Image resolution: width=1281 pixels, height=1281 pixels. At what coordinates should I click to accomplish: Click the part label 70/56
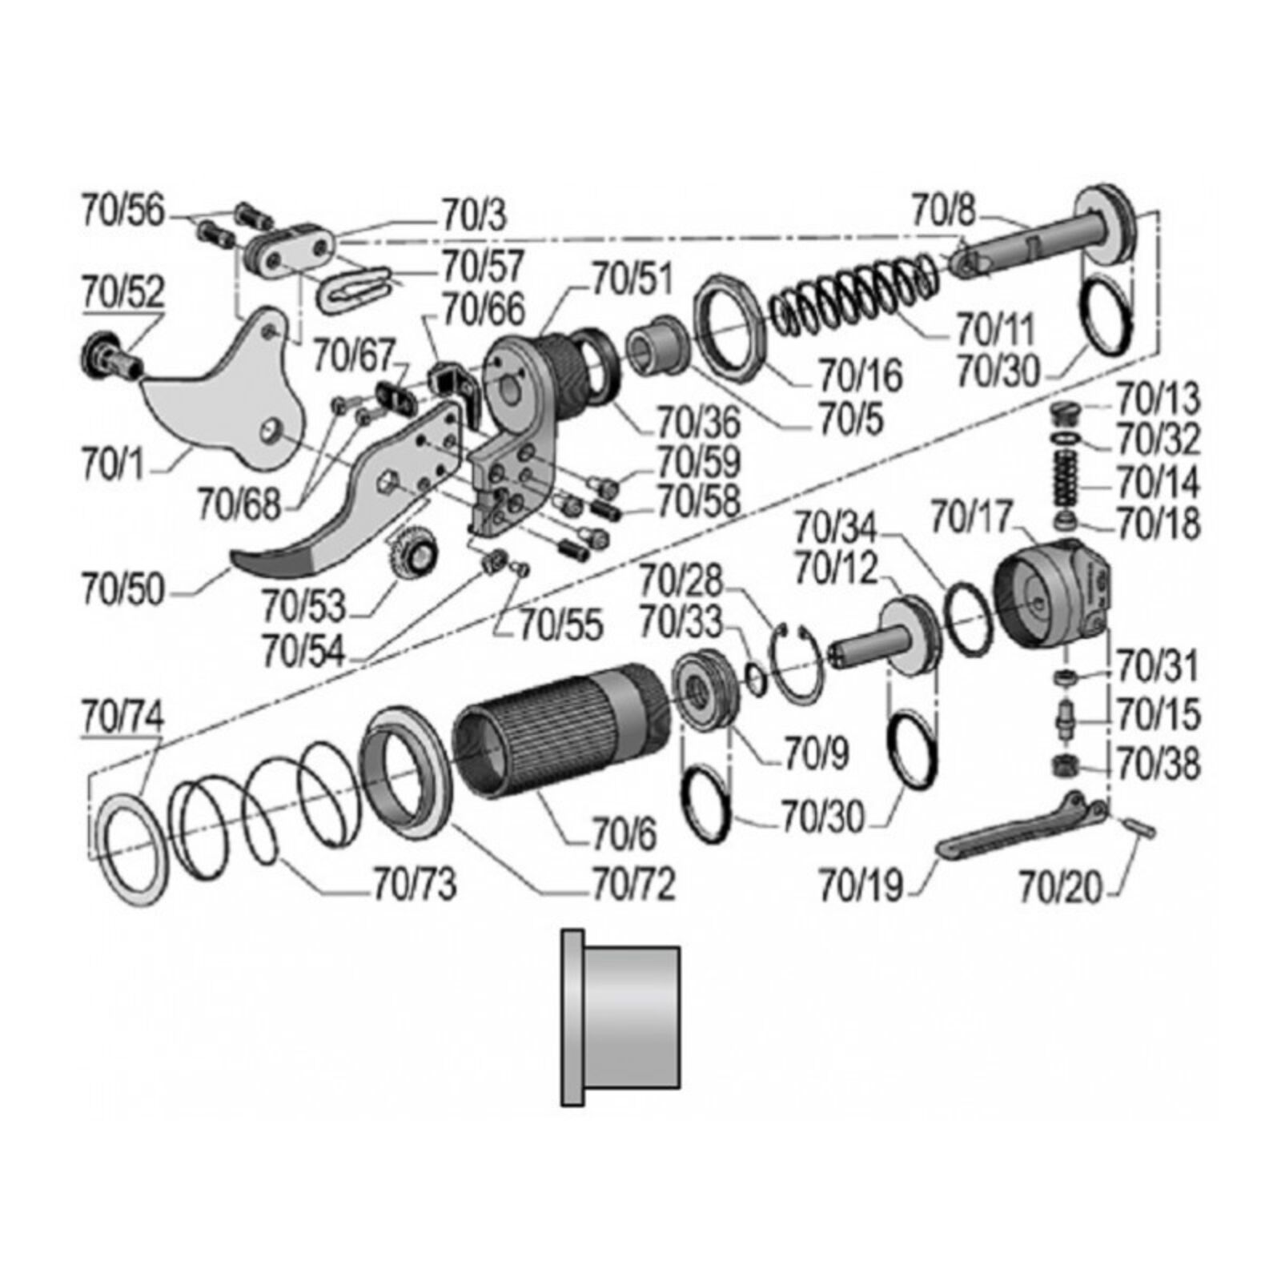coord(122,211)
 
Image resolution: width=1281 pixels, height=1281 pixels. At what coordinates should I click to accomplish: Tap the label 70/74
coord(122,716)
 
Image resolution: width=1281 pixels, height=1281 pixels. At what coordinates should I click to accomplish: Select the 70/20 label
coord(1060,887)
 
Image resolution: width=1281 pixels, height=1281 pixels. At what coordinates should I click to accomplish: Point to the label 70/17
coord(970,517)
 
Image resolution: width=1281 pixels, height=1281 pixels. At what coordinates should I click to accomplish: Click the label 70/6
coord(624,834)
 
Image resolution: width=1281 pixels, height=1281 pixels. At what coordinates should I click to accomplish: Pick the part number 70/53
coord(303,607)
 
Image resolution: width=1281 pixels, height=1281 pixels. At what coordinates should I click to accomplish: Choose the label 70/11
coord(996,328)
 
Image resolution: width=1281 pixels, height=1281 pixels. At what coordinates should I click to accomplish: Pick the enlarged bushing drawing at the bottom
coord(620,1017)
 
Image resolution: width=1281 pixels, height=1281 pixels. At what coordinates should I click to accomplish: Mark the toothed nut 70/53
coord(415,552)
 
